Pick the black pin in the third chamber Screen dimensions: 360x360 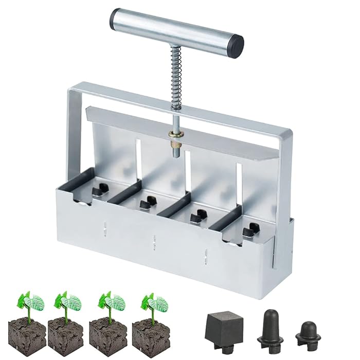pos(196,217)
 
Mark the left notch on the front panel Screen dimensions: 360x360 pos(105,227)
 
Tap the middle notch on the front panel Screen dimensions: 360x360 pos(154,240)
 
